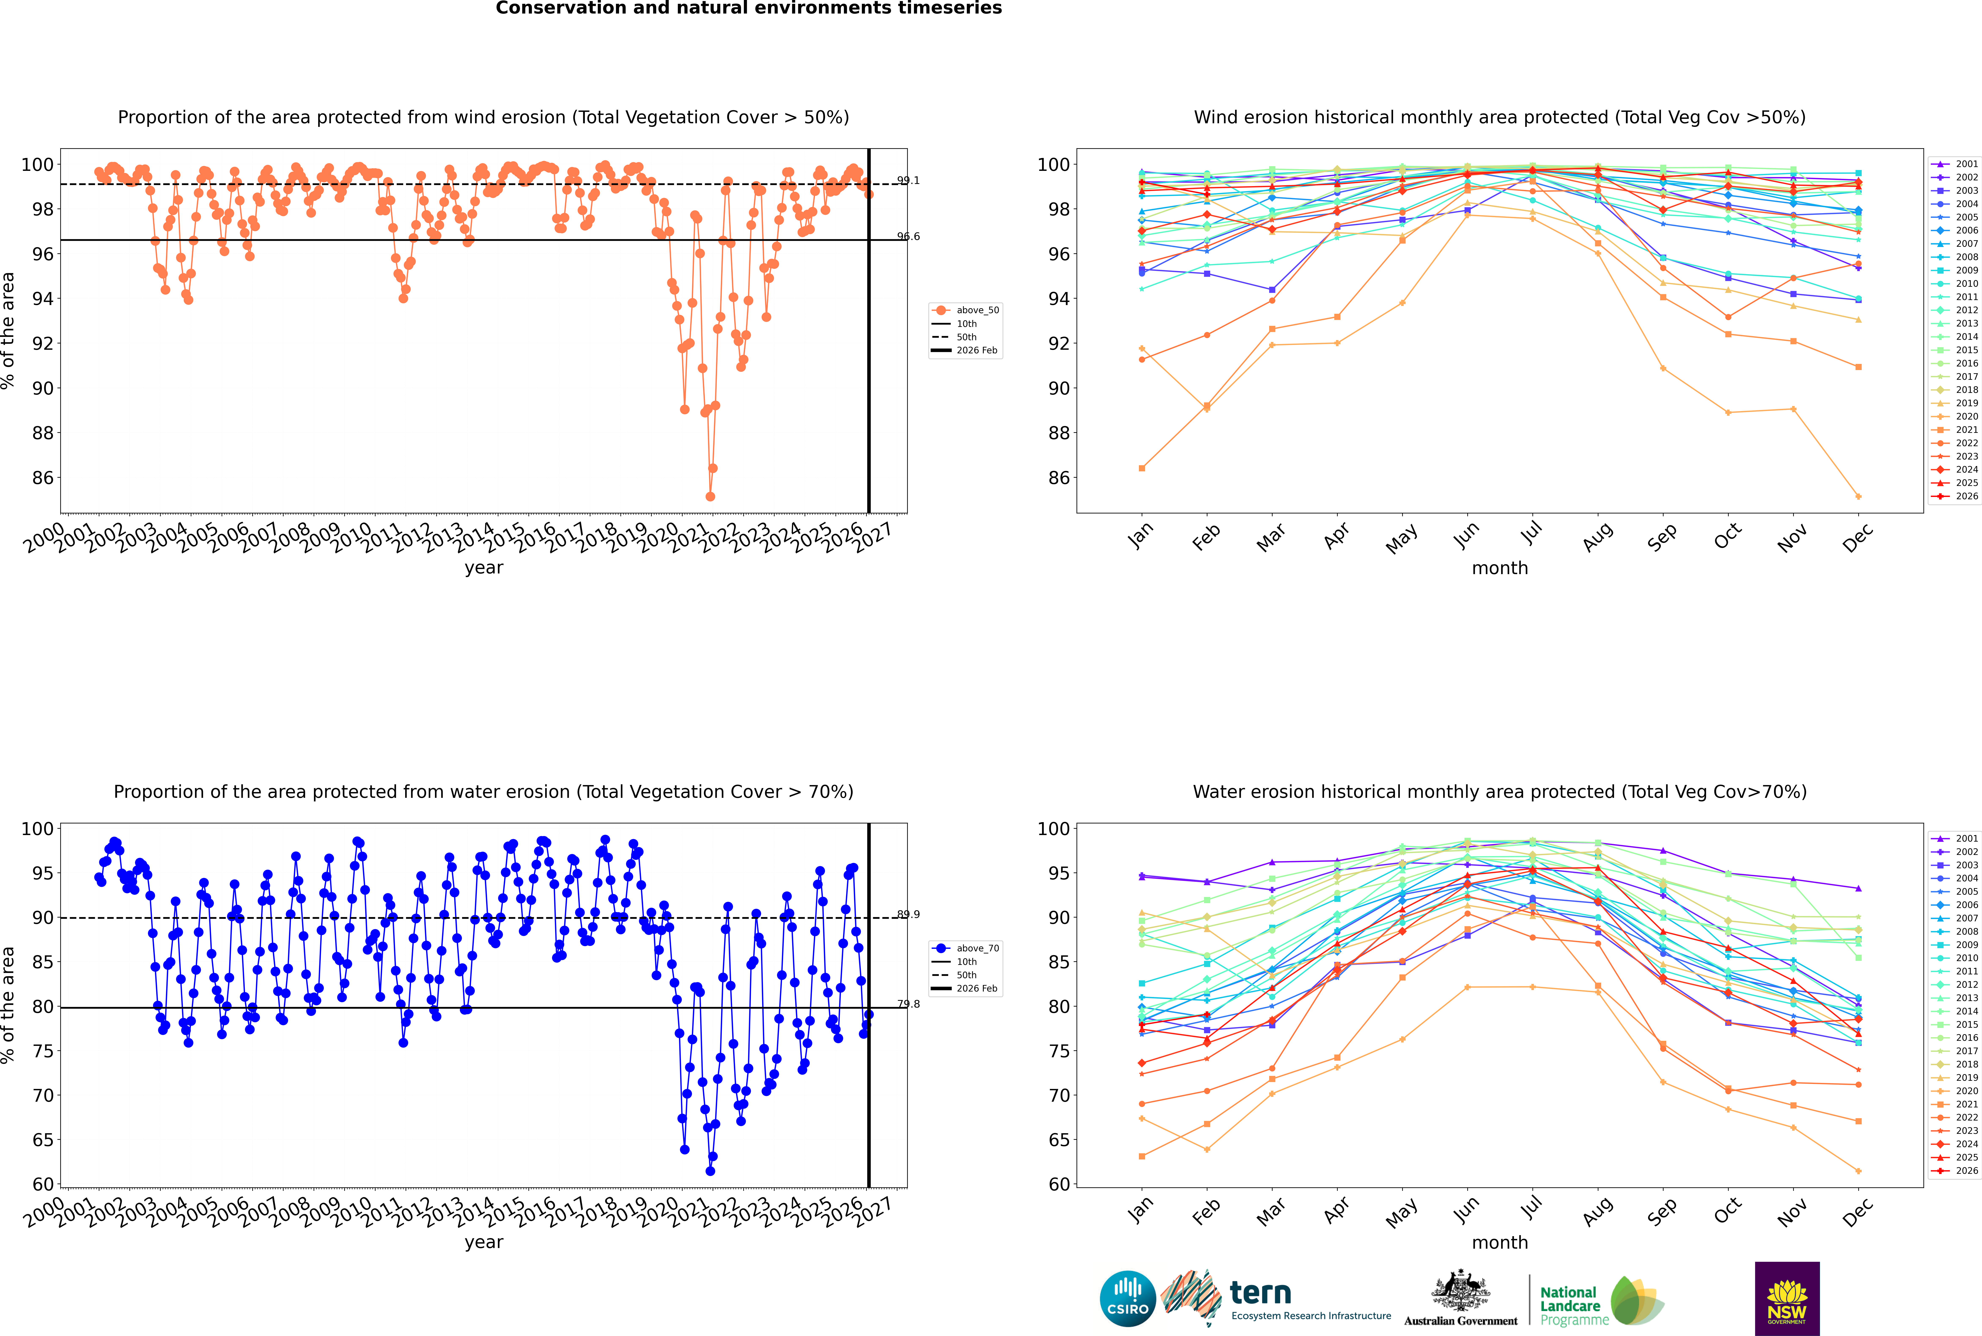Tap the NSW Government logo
point(1787,1299)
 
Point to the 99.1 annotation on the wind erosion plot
point(908,181)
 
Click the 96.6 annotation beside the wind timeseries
point(908,237)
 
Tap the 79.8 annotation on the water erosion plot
point(908,1005)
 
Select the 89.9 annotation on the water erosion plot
point(908,914)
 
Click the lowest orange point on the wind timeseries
point(710,497)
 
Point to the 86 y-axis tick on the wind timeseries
point(43,478)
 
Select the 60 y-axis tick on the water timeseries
point(43,1184)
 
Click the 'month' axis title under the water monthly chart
point(1500,1242)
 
